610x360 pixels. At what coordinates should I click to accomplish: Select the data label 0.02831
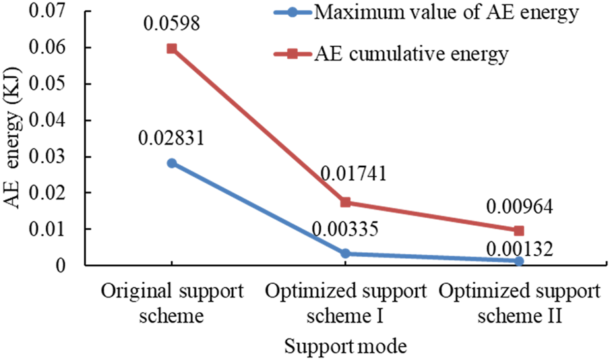click(x=171, y=140)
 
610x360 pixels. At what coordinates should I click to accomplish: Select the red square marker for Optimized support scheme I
click(x=346, y=202)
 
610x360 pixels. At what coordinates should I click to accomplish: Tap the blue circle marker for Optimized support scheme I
click(x=346, y=253)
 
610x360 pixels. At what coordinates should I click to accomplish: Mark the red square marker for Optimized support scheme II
click(x=519, y=231)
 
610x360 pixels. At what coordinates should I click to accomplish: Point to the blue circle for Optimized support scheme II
click(x=519, y=261)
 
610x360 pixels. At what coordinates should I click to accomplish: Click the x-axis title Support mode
click(x=345, y=347)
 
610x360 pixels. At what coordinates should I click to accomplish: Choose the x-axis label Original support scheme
click(x=172, y=303)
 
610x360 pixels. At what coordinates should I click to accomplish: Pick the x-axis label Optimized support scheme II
click(x=519, y=303)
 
